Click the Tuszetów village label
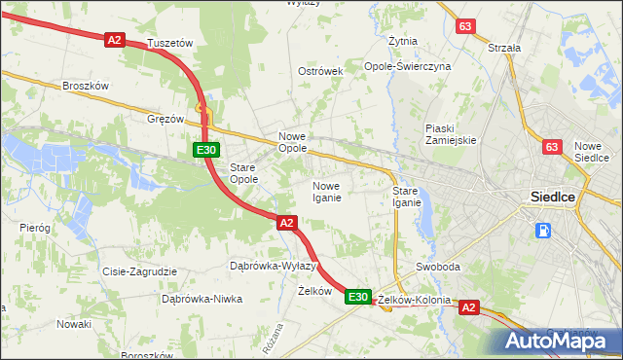click(170, 44)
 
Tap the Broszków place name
click(85, 86)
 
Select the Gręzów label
click(165, 119)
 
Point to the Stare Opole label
click(242, 173)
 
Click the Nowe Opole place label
click(293, 142)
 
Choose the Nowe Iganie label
click(326, 192)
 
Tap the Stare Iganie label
click(406, 197)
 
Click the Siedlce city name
click(553, 197)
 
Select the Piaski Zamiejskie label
click(451, 133)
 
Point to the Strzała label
click(504, 47)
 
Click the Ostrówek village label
click(321, 72)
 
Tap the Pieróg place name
click(35, 227)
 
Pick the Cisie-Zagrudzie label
click(138, 271)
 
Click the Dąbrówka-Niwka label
click(202, 299)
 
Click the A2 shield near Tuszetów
click(115, 40)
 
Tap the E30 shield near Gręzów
click(204, 150)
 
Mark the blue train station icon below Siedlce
click(542, 232)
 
